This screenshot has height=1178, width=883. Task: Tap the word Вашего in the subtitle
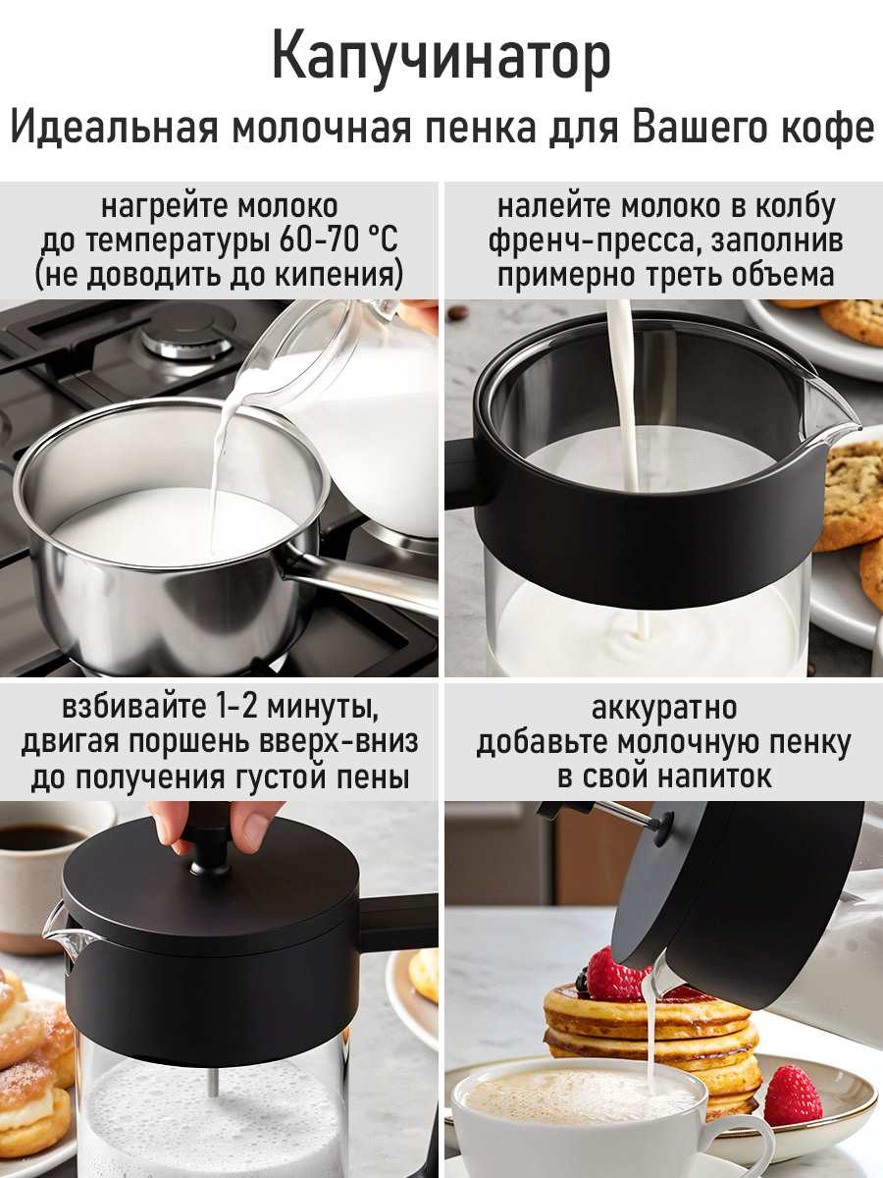tap(701, 129)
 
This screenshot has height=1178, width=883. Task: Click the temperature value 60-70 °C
tap(338, 241)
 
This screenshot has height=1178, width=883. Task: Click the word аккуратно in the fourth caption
tap(664, 709)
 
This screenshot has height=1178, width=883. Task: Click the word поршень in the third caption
tap(191, 743)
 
